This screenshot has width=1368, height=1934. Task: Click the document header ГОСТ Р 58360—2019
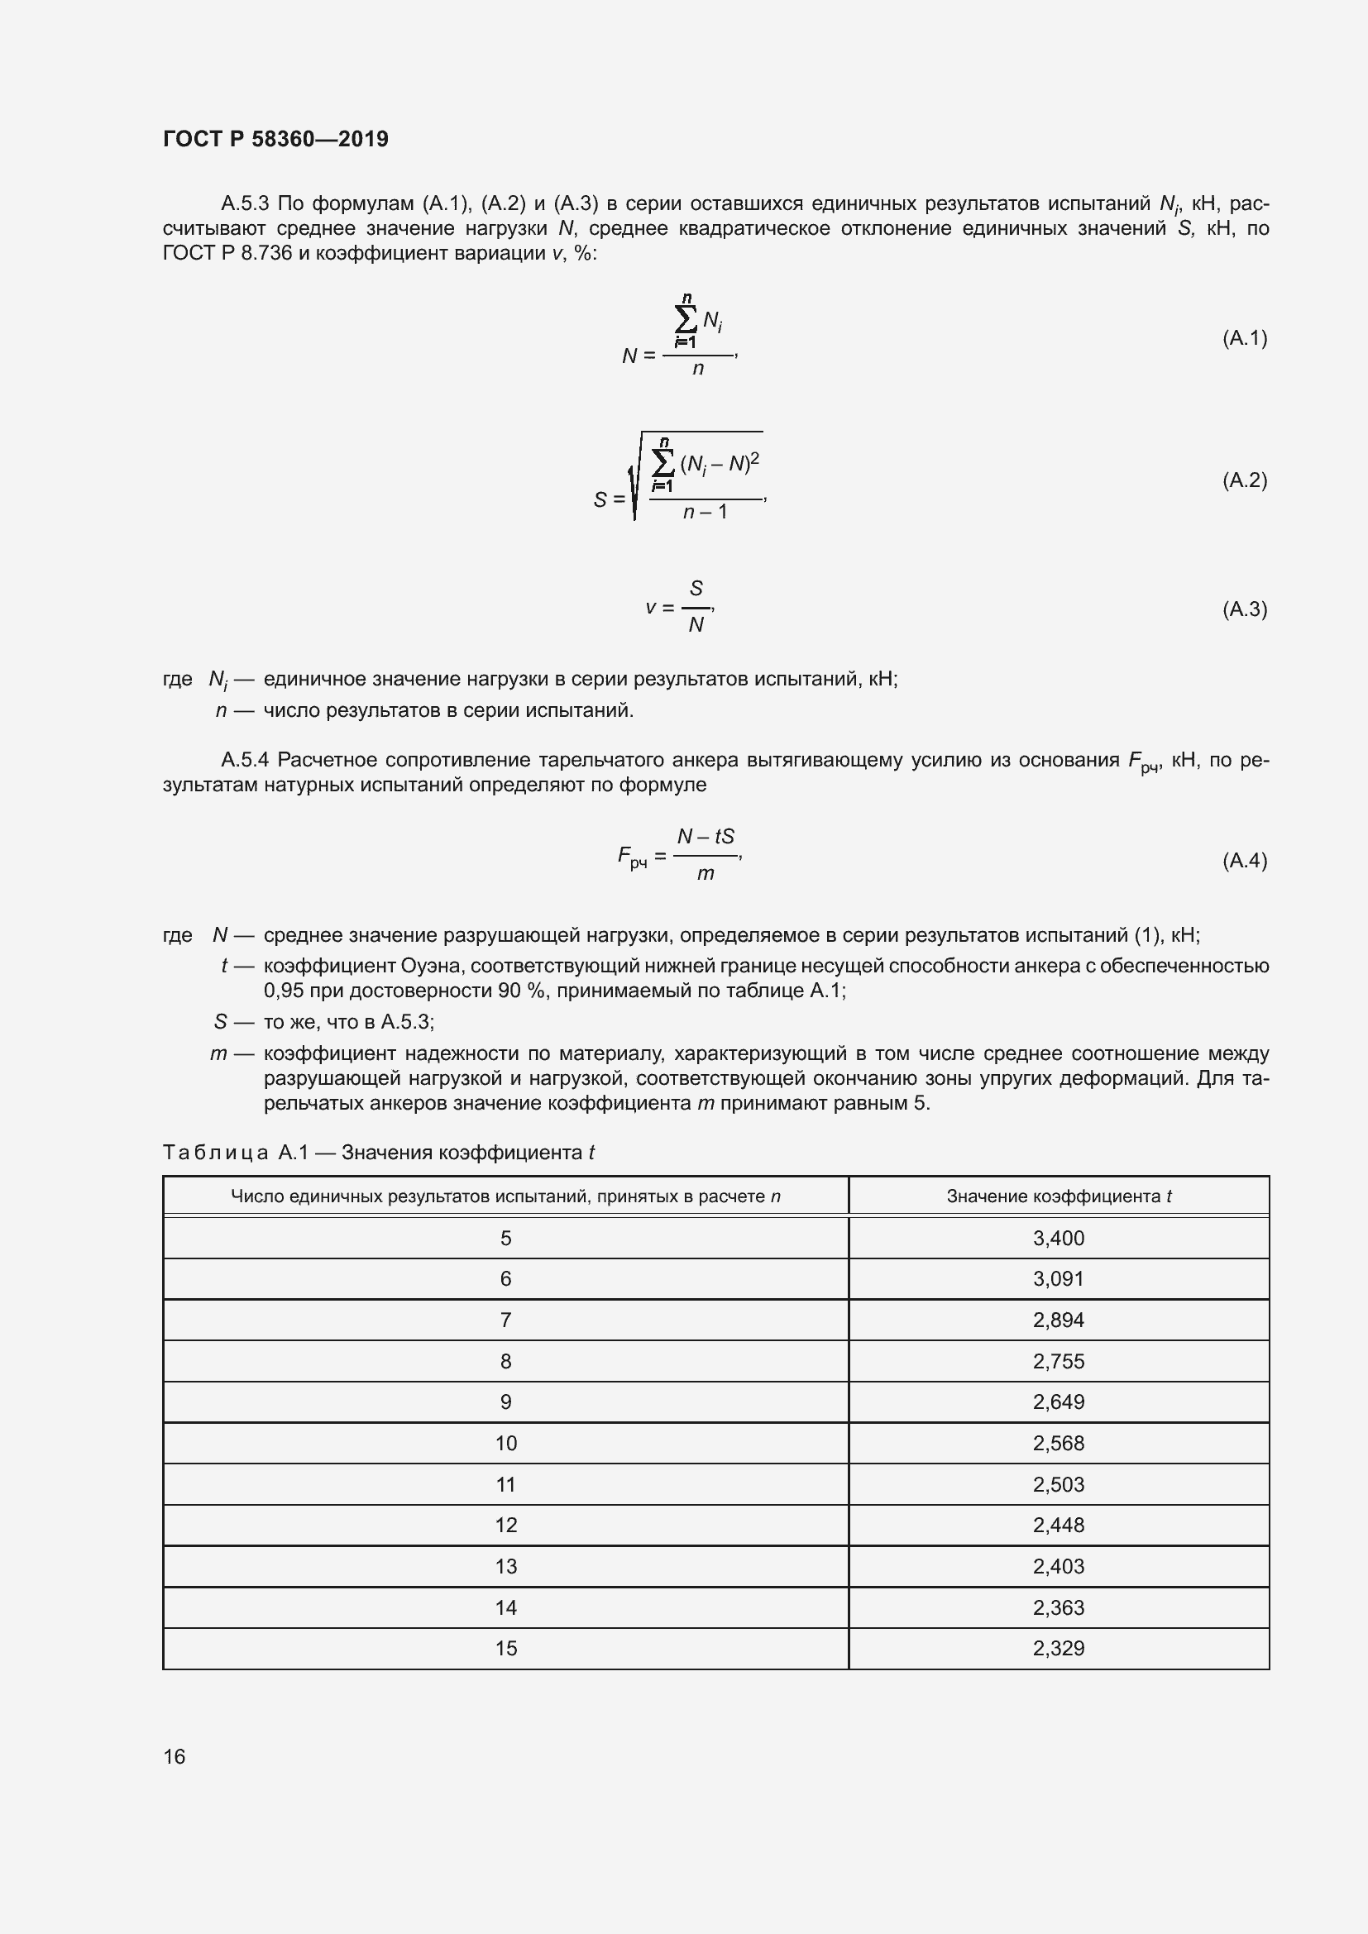coord(275,139)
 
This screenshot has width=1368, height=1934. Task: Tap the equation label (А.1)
coord(1244,339)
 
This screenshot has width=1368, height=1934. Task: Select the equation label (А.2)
coord(1244,480)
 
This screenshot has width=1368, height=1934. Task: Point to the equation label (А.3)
coord(1244,609)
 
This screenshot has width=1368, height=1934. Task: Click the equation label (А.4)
coord(1244,860)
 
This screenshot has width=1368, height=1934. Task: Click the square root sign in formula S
coord(636,480)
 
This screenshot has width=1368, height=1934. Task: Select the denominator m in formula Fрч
coord(706,874)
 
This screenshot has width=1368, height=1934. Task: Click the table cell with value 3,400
coord(1058,1239)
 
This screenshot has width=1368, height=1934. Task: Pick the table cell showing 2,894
coord(1058,1320)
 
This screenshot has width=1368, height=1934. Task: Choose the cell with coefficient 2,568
coord(1058,1443)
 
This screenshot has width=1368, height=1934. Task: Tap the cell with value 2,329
coord(1058,1648)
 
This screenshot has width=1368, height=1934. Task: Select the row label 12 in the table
coord(505,1525)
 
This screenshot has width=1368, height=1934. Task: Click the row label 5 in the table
coord(505,1239)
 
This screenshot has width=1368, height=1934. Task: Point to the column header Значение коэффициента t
coord(1058,1196)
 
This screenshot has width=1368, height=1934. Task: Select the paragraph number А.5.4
coord(244,761)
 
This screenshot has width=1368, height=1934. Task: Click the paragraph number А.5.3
coord(244,204)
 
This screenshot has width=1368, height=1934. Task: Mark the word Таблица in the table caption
coord(216,1153)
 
